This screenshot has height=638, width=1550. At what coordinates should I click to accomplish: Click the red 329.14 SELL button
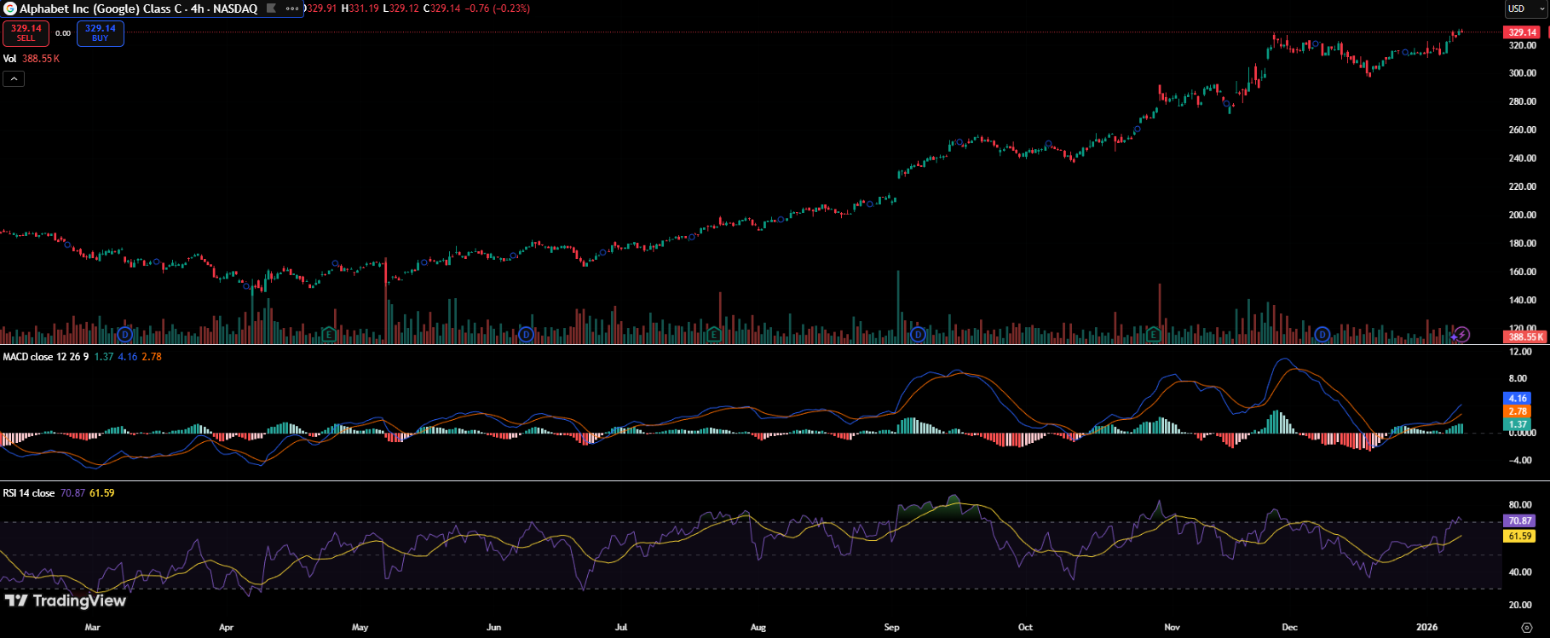tap(26, 33)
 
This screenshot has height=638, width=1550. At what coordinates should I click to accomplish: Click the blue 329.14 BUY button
tap(101, 33)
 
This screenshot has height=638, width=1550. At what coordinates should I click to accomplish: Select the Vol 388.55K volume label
tap(32, 59)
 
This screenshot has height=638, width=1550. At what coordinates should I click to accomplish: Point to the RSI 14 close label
tap(29, 493)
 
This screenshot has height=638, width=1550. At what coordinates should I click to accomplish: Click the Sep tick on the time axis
tap(891, 627)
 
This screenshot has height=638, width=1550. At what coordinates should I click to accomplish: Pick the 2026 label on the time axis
tap(1426, 627)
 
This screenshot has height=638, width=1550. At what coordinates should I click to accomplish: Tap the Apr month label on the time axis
tap(226, 627)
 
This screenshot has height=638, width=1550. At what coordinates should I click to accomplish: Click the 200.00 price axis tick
tap(1522, 215)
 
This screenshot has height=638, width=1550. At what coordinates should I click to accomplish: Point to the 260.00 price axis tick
tap(1522, 129)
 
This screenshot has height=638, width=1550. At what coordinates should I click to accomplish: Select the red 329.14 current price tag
tap(1522, 32)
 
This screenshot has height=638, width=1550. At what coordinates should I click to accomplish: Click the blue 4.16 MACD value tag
tap(1518, 398)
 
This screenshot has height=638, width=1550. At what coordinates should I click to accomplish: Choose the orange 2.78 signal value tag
tap(1518, 411)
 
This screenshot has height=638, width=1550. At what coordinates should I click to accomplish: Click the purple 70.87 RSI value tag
tap(1519, 520)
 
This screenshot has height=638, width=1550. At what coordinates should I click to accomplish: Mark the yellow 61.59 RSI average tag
tap(1519, 537)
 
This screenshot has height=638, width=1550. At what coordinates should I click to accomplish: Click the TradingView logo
tap(66, 601)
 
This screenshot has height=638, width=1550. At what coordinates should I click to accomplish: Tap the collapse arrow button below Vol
tap(14, 78)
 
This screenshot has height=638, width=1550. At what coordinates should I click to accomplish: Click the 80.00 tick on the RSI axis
tap(1520, 505)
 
